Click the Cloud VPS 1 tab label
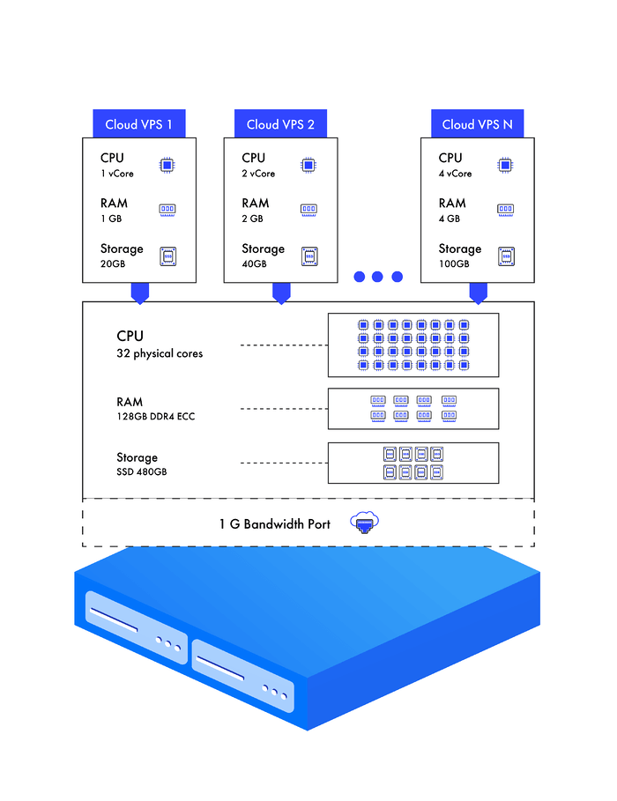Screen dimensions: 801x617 [139, 124]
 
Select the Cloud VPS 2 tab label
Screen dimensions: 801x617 [280, 124]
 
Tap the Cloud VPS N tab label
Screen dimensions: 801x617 [477, 124]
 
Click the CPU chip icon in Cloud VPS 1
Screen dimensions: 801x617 [167, 165]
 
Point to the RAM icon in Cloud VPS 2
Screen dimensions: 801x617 [308, 210]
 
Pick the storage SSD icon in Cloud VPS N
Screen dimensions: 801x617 [505, 256]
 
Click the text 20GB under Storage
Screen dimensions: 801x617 [114, 264]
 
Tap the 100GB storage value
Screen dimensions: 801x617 [454, 264]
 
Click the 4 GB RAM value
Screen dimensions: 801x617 [450, 219]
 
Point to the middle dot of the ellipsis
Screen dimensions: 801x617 [377, 277]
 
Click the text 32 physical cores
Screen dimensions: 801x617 [160, 353]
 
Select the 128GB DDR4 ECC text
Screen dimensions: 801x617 [155, 416]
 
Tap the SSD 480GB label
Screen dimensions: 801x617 [142, 472]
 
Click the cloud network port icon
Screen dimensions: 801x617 [362, 523]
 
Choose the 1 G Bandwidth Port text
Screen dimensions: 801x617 [275, 524]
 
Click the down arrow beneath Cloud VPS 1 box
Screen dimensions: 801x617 [139, 293]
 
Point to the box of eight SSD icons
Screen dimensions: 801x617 [413, 463]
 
